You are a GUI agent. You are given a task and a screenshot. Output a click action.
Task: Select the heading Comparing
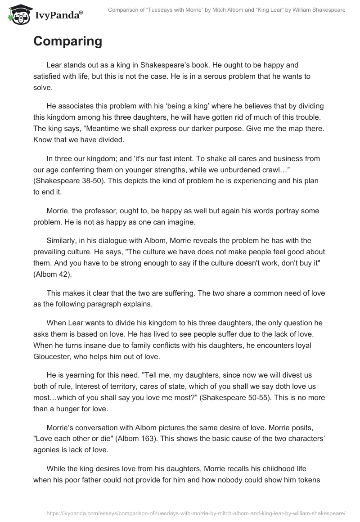coord(67,41)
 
